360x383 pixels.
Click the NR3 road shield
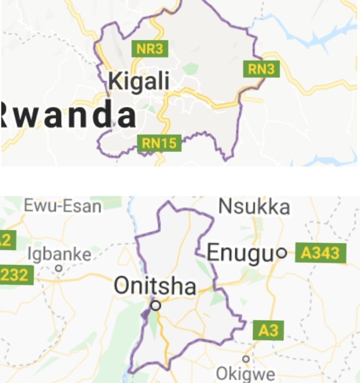click(150, 49)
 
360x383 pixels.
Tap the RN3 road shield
click(261, 69)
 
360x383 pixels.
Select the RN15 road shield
click(159, 143)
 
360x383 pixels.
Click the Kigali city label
click(139, 81)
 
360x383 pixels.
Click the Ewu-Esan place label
click(63, 206)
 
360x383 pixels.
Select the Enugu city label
click(240, 253)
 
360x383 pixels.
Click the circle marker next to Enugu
click(281, 253)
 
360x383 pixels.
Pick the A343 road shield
click(321, 253)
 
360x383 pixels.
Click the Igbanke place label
click(59, 254)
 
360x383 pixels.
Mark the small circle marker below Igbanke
click(59, 268)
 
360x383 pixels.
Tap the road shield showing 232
click(16, 275)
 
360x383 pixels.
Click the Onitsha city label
click(155, 286)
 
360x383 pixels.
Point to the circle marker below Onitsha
click(156, 306)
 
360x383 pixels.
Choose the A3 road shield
click(269, 331)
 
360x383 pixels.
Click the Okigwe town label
click(245, 374)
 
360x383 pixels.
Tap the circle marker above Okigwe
click(246, 359)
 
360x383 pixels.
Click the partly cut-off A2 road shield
click(7, 240)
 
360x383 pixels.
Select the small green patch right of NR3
click(190, 69)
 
